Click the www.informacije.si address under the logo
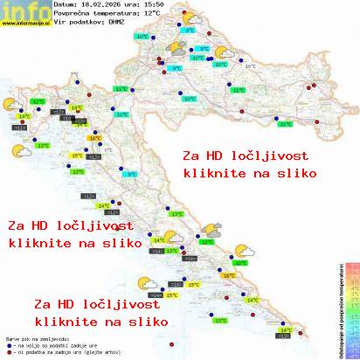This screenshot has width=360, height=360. [21, 22]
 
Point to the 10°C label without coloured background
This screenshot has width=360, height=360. [251, 66]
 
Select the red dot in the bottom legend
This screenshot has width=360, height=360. [8, 353]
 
